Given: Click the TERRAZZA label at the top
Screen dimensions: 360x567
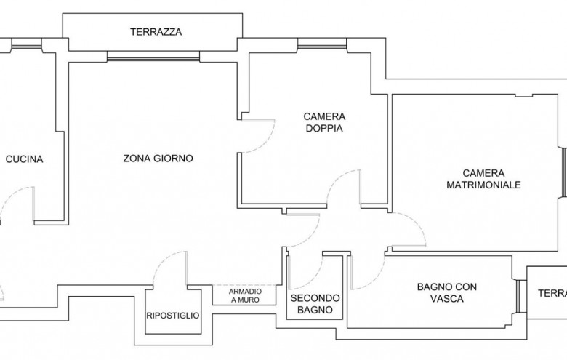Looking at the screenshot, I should (x=156, y=32).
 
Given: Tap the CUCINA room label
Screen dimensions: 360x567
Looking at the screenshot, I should (x=24, y=159).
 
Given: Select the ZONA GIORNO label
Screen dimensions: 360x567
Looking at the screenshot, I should (x=158, y=159).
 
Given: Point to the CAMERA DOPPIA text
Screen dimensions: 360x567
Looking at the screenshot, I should (x=324, y=122).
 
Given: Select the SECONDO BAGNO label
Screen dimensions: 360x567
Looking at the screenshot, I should (x=315, y=303).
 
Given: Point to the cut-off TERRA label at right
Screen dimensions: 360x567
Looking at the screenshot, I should (x=552, y=293).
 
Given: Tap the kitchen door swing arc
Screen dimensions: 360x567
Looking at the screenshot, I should (x=18, y=203).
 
